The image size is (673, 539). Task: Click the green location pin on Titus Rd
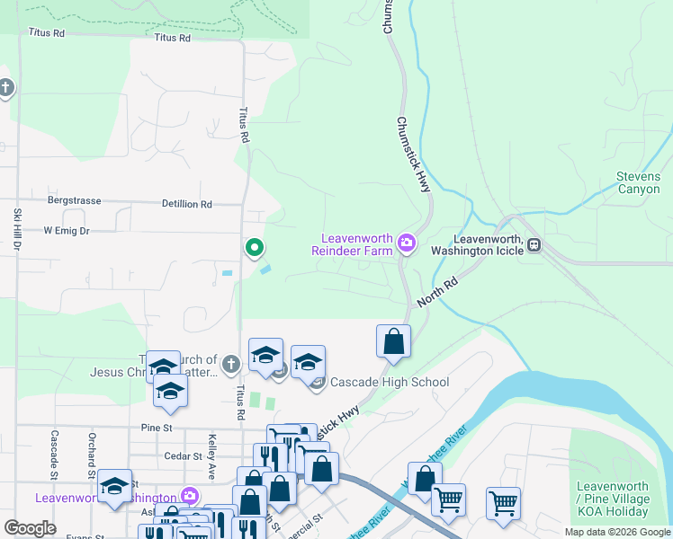(x=255, y=247)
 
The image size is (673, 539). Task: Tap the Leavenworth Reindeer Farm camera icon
(x=407, y=243)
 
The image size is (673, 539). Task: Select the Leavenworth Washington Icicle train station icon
(x=534, y=243)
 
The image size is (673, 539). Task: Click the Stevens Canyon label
(x=639, y=182)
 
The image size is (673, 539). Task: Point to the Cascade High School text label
(x=390, y=382)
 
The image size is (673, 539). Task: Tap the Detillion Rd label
(x=187, y=205)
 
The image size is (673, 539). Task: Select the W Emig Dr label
(x=67, y=231)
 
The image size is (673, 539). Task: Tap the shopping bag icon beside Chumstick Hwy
(x=393, y=341)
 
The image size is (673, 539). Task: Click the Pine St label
(x=156, y=428)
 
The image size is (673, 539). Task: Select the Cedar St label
(x=181, y=455)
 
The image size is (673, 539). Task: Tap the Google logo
(x=31, y=528)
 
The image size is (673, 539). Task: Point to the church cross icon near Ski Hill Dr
(x=6, y=88)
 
